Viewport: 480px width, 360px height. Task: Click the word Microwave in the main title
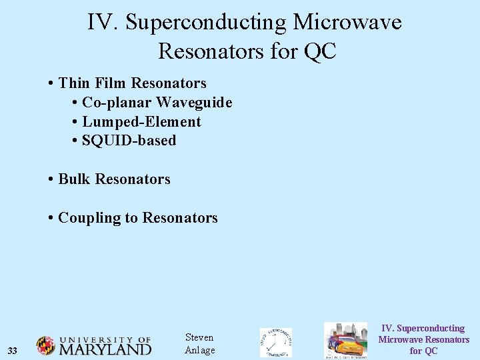347,22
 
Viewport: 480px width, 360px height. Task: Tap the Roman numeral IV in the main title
102,22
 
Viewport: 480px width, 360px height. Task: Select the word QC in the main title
319,51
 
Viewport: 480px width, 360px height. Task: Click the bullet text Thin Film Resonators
132,83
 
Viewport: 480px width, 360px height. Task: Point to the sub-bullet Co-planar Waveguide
157,103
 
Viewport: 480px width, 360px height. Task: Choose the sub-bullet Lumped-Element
141,122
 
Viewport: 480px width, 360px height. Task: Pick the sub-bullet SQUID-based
129,141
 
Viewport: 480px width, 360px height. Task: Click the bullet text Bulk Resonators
114,179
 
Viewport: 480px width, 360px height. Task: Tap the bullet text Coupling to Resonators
138,218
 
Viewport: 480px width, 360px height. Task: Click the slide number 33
12,351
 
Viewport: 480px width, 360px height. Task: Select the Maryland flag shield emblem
45,345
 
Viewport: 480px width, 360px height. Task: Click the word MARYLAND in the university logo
105,349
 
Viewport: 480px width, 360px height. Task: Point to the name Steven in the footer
199,337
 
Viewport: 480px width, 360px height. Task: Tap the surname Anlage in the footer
199,351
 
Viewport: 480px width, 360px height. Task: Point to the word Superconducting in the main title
204,22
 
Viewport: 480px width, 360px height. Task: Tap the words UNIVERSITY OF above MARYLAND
105,339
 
